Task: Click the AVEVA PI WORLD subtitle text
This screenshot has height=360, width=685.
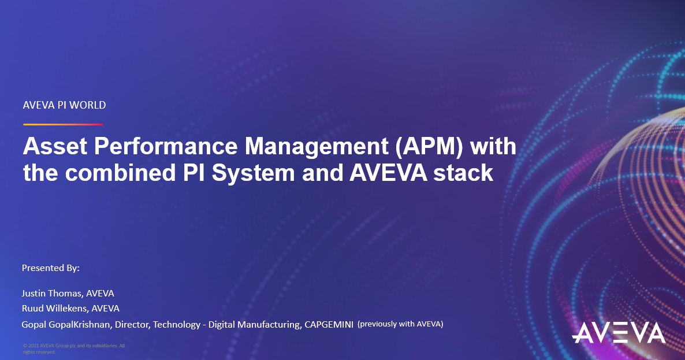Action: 64,105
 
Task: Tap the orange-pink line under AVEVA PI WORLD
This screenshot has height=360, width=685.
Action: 63,124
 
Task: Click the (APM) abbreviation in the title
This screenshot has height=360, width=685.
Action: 429,147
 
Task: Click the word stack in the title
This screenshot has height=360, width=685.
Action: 466,173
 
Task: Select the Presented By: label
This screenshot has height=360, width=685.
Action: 50,268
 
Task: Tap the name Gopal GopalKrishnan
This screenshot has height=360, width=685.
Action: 66,325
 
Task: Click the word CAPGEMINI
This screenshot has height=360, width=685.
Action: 328,325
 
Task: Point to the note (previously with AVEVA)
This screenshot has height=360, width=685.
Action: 400,324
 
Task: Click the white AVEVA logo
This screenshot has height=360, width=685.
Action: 619,333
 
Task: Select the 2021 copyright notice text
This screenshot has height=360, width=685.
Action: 73,348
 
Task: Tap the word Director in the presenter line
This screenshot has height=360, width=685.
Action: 132,325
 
